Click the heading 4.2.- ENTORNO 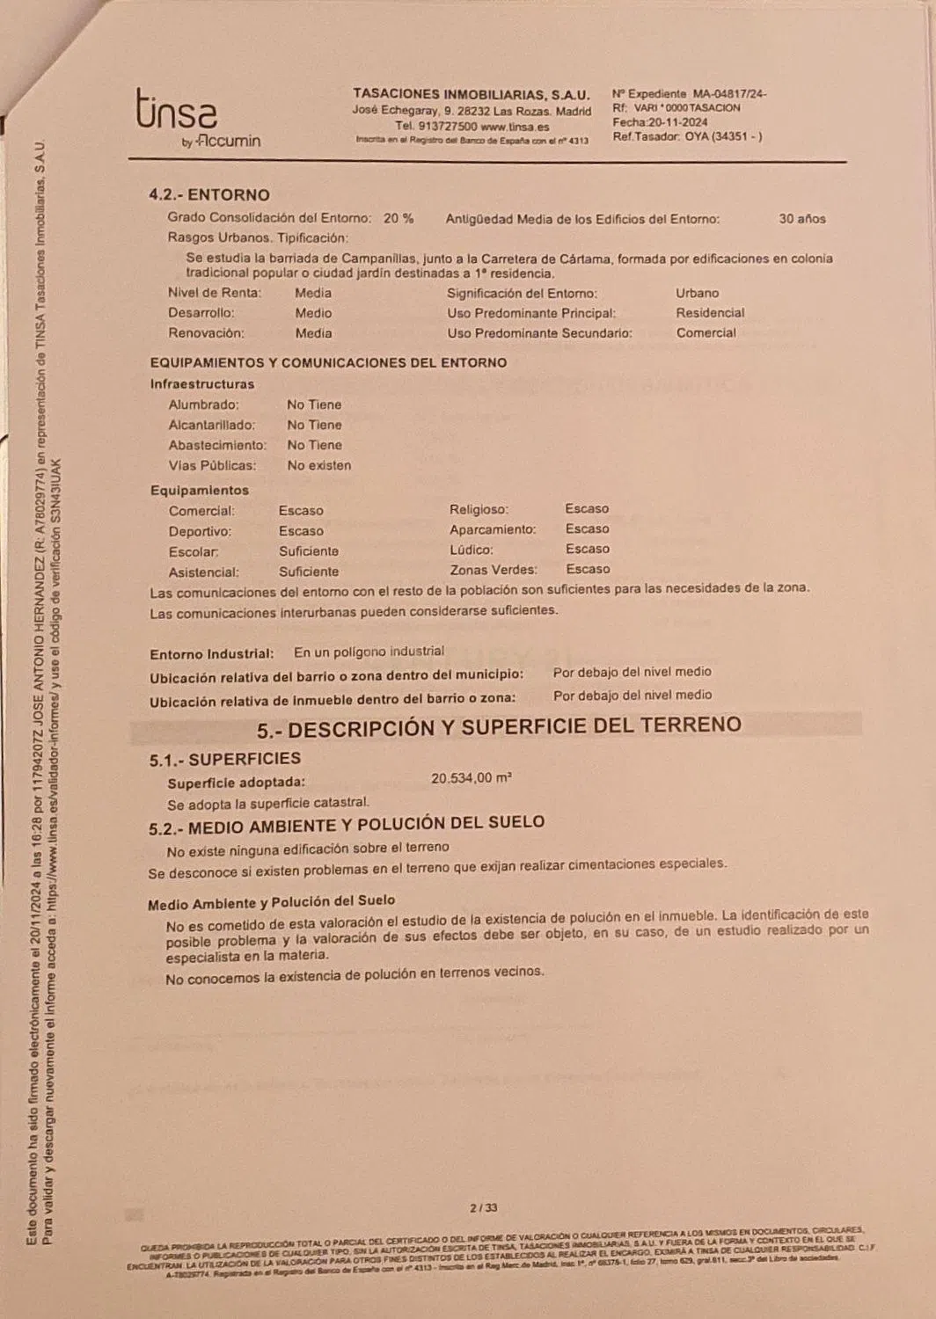pyautogui.click(x=209, y=195)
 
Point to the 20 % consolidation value pyautogui.click(x=399, y=218)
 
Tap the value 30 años pyautogui.click(x=802, y=219)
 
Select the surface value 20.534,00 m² pyautogui.click(x=472, y=778)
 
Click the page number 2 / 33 pyautogui.click(x=484, y=1208)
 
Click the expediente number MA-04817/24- pyautogui.click(x=729, y=93)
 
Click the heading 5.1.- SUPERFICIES pyautogui.click(x=225, y=759)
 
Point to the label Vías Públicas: pyautogui.click(x=212, y=465)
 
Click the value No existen pyautogui.click(x=318, y=465)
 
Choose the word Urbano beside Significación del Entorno pyautogui.click(x=697, y=293)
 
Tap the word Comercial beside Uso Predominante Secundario pyautogui.click(x=706, y=333)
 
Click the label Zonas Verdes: pyautogui.click(x=493, y=570)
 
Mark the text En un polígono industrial pyautogui.click(x=369, y=652)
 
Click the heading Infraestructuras pyautogui.click(x=202, y=384)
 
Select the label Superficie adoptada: pyautogui.click(x=237, y=782)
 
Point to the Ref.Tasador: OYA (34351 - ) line pyautogui.click(x=687, y=136)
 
